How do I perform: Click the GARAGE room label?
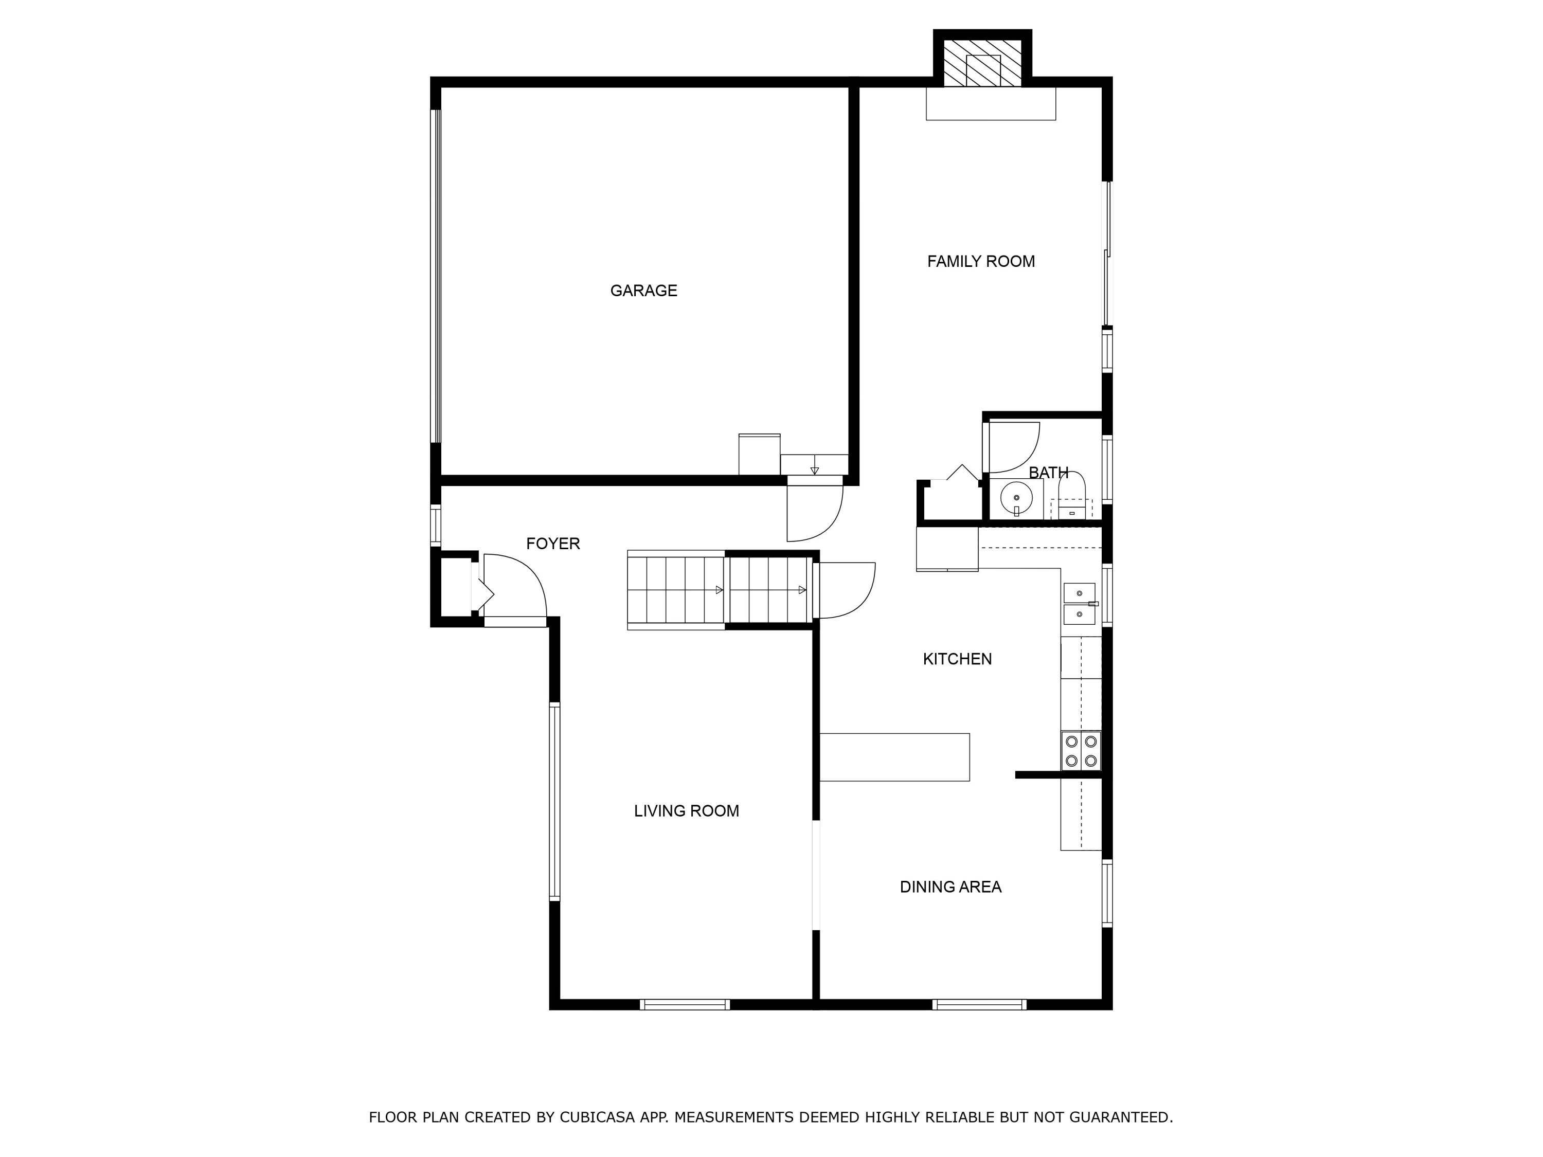643,291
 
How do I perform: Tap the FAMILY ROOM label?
980,262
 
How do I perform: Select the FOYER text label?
552,544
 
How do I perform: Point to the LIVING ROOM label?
686,810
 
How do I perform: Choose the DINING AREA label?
950,887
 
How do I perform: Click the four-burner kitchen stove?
1081,751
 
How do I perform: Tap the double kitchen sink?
1079,604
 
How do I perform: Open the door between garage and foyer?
814,513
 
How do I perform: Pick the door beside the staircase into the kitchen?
846,590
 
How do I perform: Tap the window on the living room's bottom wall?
684,1004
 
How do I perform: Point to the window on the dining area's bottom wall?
979,1004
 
